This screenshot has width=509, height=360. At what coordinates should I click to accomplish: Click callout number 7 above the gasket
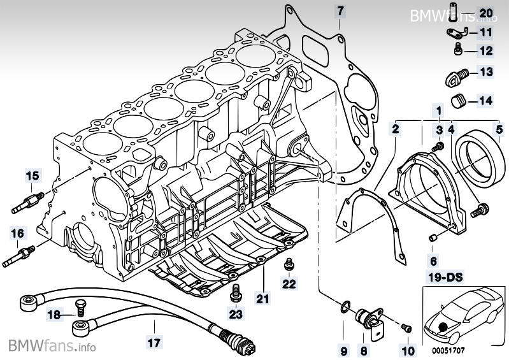tap(340, 11)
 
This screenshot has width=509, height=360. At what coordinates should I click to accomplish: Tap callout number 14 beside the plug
tap(486, 100)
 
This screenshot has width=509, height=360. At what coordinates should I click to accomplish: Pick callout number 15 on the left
tap(32, 175)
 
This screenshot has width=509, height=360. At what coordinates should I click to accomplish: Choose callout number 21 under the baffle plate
tap(263, 296)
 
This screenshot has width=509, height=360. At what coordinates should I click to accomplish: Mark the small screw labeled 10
tap(408, 328)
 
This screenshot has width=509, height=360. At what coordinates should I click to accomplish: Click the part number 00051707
tap(450, 349)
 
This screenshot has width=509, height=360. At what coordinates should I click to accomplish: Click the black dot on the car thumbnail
tap(443, 327)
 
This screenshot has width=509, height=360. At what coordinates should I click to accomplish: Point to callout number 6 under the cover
tap(433, 261)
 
